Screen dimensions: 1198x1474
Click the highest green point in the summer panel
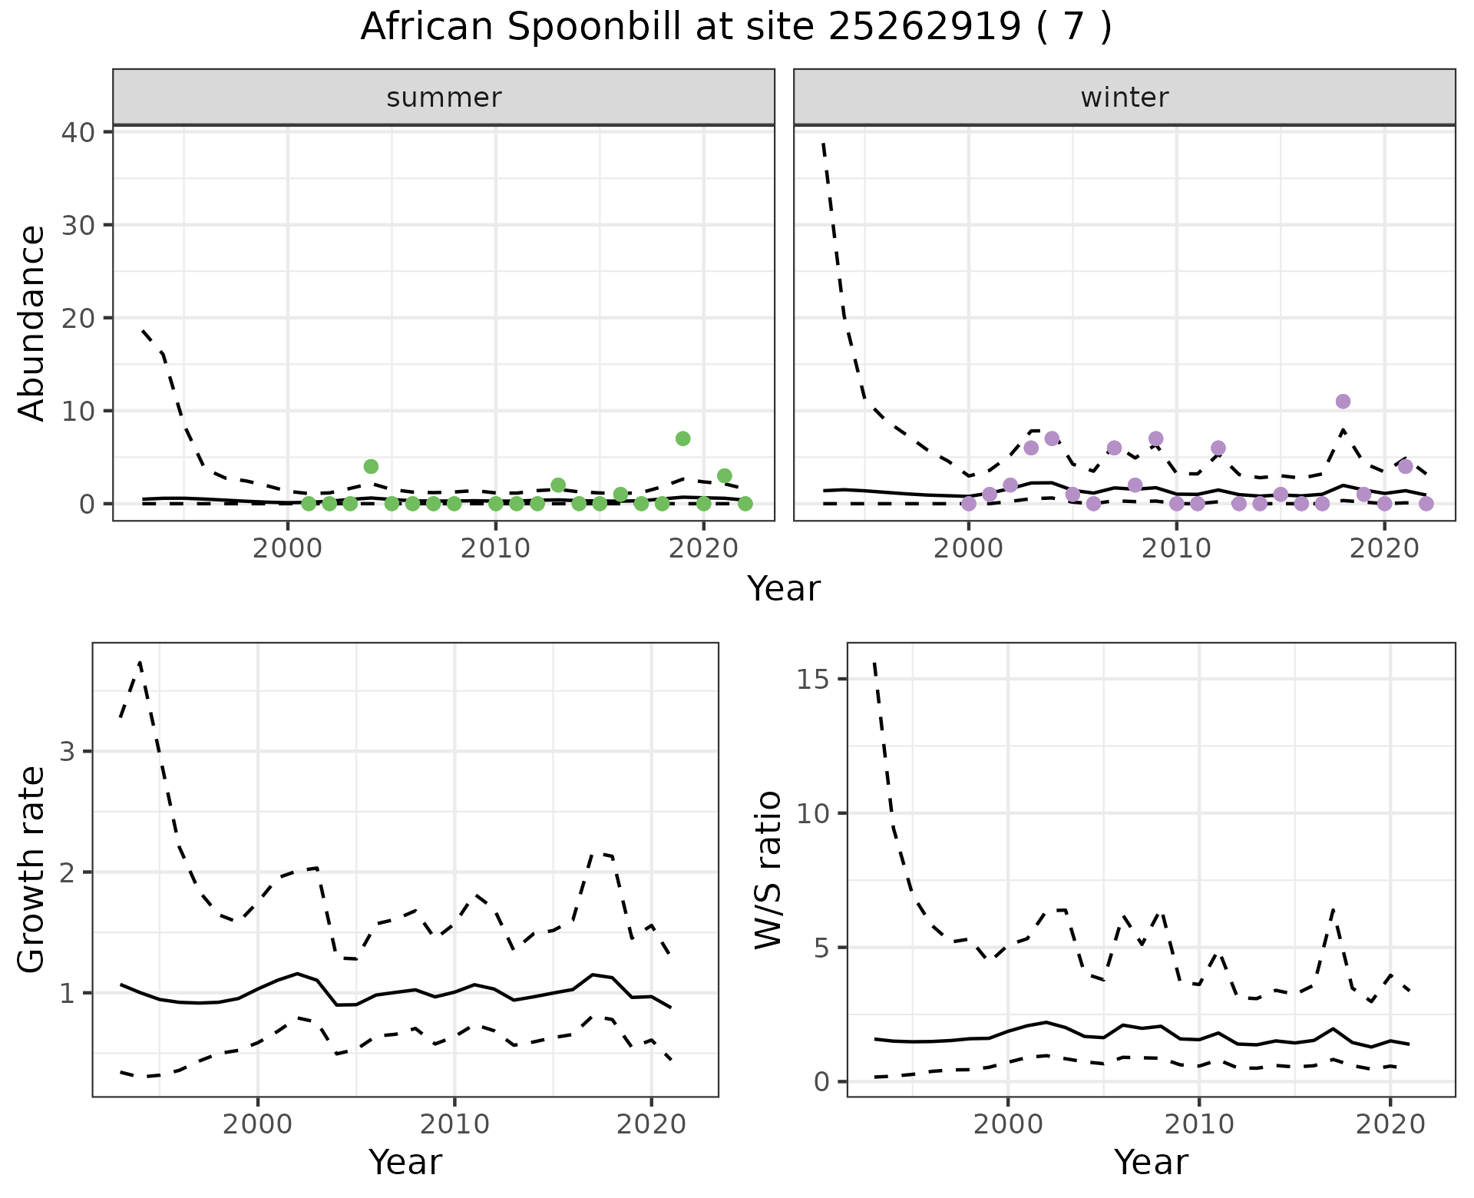[x=682, y=438]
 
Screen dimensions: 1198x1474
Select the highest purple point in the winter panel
[x=1343, y=402]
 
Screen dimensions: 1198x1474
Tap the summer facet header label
[x=444, y=98]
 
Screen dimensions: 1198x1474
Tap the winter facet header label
[x=1125, y=98]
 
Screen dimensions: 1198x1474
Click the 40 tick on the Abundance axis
[x=77, y=132]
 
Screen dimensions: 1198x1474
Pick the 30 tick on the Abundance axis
[x=77, y=225]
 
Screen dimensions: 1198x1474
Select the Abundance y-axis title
[x=32, y=323]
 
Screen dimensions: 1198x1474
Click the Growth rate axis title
[x=32, y=870]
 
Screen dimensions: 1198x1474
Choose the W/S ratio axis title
[x=768, y=870]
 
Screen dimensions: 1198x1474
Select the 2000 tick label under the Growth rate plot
[x=258, y=1124]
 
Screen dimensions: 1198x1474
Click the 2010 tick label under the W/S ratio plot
[x=1199, y=1124]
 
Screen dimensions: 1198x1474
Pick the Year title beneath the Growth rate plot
[x=405, y=1162]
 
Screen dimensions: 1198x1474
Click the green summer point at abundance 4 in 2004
[x=371, y=466]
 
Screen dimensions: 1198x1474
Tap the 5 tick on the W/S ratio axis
[x=821, y=948]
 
